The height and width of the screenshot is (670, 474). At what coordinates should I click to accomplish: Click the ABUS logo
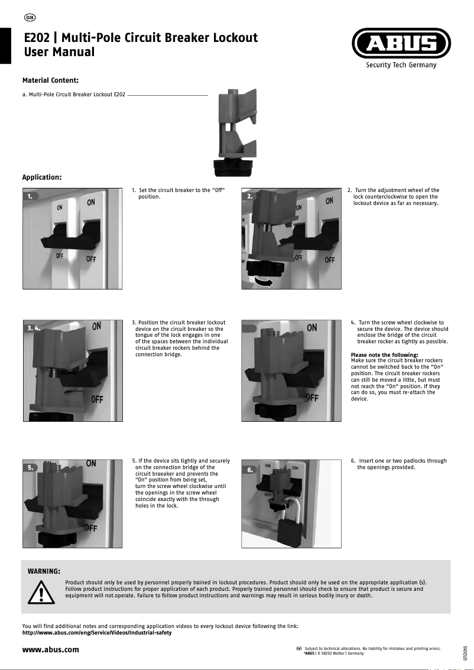pos(401,44)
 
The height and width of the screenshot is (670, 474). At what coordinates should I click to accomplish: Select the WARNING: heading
pos(44,571)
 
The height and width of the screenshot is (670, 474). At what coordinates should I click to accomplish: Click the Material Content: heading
pos(50,80)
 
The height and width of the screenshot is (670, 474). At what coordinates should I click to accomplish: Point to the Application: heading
pos(42,177)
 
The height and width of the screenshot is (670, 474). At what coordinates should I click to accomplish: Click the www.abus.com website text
pos(50,650)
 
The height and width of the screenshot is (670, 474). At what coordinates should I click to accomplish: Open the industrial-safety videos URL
pos(96,633)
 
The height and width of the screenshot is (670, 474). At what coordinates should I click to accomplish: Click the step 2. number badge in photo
pos(251,196)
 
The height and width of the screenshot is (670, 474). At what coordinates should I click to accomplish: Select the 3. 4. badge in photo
pos(35,327)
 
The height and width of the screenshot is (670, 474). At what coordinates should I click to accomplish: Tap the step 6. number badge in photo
pos(251,470)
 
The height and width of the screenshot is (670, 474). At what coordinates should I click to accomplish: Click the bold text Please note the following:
pos(384,355)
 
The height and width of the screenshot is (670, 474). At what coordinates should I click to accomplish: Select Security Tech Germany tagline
pos(401,65)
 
